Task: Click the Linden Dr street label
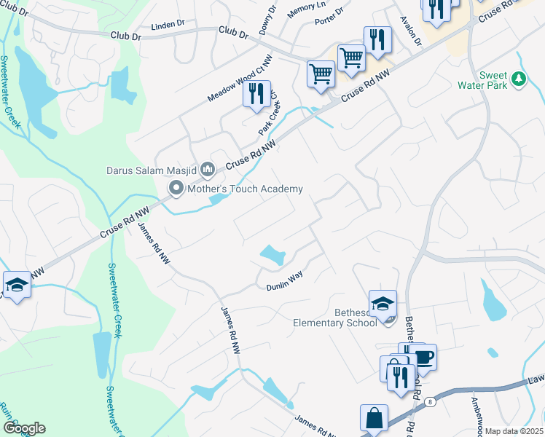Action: (x=168, y=25)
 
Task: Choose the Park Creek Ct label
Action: (x=268, y=114)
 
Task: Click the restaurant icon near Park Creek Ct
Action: (x=256, y=95)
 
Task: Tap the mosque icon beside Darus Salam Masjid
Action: (x=207, y=170)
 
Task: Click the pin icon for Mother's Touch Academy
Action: (x=176, y=189)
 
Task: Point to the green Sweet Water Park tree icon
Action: (x=518, y=78)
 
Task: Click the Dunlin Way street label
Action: (x=283, y=281)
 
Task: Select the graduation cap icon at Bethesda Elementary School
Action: (x=383, y=303)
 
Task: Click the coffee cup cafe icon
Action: (x=422, y=357)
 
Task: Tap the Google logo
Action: (x=24, y=428)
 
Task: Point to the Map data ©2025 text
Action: (x=513, y=431)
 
